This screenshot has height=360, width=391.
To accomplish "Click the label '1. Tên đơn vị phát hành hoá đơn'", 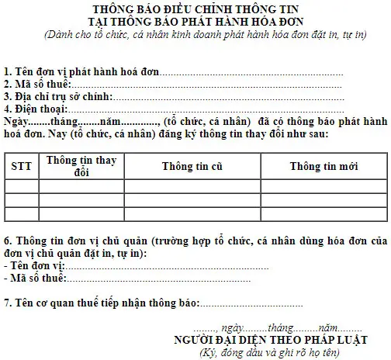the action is point(81,72).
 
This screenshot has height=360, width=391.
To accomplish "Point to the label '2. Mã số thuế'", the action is point(37,84).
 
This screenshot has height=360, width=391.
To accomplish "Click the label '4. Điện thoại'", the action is point(37,109).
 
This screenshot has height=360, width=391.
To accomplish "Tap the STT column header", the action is point(21,166).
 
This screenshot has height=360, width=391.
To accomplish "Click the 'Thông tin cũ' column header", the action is point(192,166).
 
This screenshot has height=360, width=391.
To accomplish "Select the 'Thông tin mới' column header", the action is point(324,166).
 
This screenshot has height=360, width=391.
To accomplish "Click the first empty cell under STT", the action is point(21,186).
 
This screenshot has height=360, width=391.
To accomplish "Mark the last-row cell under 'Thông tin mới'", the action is point(324,213).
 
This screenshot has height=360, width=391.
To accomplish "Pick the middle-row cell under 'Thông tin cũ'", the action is point(192,200).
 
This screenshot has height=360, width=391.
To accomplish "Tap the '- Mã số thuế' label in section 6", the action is point(35,278).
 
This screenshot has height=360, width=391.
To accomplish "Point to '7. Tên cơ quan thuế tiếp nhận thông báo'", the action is point(101,302).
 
